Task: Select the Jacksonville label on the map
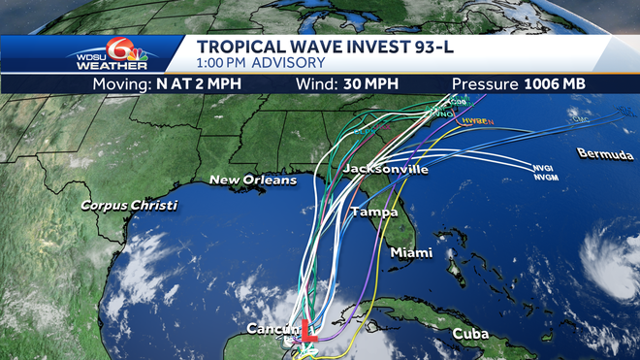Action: tap(385, 170)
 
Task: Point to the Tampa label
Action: tap(373, 212)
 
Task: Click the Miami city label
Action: tap(411, 252)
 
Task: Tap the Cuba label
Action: tap(470, 334)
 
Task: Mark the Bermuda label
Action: tap(605, 154)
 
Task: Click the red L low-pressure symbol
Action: tap(305, 331)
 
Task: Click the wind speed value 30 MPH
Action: tap(363, 83)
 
